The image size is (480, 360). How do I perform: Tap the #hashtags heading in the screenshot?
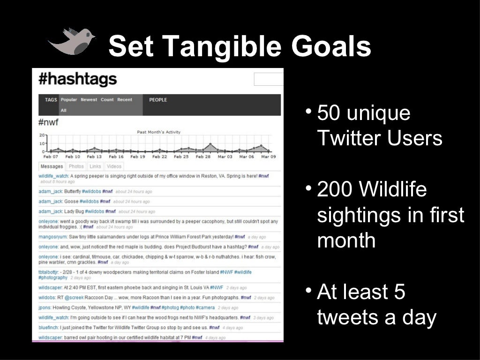click(x=77, y=79)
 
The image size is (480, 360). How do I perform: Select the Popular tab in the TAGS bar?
click(x=69, y=100)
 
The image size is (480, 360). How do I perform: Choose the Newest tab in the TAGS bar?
click(x=89, y=100)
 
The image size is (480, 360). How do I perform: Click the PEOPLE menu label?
click(x=158, y=100)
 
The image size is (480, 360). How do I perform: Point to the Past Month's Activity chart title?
click(x=158, y=132)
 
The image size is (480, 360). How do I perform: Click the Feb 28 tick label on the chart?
click(x=203, y=157)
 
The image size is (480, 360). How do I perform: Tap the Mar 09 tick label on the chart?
click(x=268, y=157)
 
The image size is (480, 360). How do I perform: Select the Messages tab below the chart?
click(x=52, y=166)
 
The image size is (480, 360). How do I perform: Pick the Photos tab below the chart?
click(x=76, y=166)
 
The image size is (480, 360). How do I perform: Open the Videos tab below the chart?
click(x=114, y=166)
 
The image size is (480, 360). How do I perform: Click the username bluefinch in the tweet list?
click(x=48, y=328)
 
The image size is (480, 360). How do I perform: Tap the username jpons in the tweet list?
click(x=45, y=307)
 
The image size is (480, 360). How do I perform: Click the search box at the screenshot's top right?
click(x=269, y=79)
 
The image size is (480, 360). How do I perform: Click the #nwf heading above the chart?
click(x=48, y=123)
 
